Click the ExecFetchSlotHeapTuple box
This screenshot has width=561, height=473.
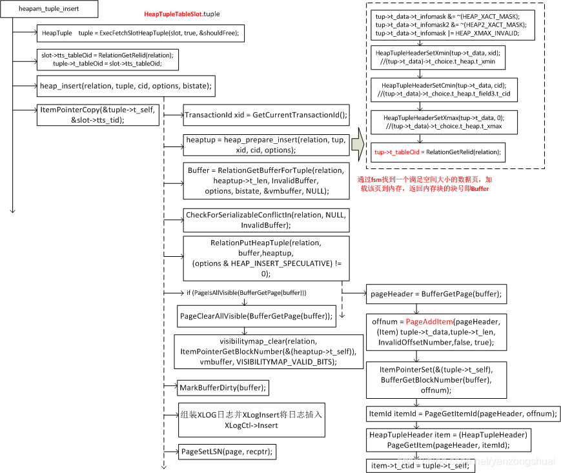[x=141, y=33]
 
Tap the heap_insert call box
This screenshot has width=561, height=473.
[x=125, y=85]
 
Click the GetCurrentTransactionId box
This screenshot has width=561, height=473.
[x=265, y=116]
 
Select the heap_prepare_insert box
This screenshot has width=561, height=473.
[x=265, y=145]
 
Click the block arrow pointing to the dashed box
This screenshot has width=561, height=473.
[x=358, y=148]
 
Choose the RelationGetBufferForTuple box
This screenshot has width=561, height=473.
[x=265, y=181]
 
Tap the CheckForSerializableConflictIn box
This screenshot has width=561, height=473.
[x=265, y=220]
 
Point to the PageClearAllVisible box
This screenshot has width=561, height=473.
[x=256, y=316]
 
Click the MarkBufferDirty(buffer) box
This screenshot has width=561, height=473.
[x=223, y=387]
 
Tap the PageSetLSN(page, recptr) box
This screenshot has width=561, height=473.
[x=227, y=452]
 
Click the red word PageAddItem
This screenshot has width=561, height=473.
[x=429, y=321]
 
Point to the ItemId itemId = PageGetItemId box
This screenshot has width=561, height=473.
[x=463, y=413]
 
